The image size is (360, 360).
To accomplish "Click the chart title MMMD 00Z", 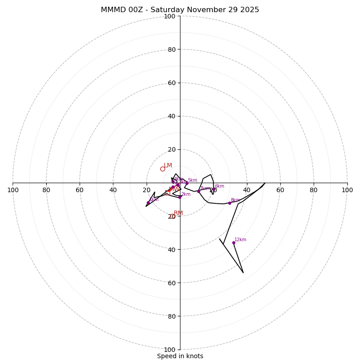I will pos(180,10).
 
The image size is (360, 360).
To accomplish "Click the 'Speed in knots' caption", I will pos(180,356).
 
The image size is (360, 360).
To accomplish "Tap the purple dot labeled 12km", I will pos(234,243).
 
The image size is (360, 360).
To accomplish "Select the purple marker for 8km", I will pos(229,203).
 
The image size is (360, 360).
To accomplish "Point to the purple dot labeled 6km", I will pos(214,189).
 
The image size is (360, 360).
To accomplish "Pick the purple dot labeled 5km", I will pos(187,183).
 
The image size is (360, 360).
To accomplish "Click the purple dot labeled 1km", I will pos(148,202).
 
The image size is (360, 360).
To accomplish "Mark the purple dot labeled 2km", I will pos(180,197).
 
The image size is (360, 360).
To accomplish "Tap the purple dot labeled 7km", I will pos(198,191).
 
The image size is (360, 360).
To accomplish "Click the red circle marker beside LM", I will pos(162,169).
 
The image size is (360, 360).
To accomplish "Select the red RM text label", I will pos(178,213).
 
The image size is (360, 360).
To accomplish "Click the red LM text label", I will pos(168,165).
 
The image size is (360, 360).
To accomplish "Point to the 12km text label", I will pos(240,240).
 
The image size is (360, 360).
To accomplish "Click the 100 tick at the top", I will pos(170,16).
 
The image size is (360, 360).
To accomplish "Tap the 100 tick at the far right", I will pos(347,190).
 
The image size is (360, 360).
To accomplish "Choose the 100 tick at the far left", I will pos(13,190).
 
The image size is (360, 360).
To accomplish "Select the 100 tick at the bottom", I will pos(170,349).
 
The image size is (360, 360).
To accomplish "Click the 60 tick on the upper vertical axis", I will pos(171,83).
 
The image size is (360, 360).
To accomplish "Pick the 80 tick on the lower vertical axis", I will pos(171,316).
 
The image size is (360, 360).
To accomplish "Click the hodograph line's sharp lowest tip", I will pos(243,273).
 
